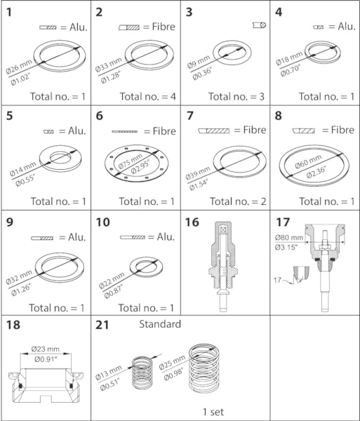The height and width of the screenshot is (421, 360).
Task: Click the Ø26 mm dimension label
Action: point(19,67)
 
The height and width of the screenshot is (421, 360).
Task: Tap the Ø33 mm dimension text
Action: point(109,65)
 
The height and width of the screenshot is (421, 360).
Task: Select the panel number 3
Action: point(189,13)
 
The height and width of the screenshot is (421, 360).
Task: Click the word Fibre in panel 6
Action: point(164,131)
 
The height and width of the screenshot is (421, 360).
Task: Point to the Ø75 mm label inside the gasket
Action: point(131,162)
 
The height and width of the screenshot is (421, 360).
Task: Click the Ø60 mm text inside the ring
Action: point(308,161)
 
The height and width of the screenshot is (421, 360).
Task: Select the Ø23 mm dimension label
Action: point(46,349)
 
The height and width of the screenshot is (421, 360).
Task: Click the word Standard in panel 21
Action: point(160,324)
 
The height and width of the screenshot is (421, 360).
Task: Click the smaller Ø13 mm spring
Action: point(142,373)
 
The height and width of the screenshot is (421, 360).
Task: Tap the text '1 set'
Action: point(213,412)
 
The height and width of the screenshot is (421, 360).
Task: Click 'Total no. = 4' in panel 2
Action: point(147,97)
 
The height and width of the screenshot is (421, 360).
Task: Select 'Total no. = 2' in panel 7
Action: point(238,201)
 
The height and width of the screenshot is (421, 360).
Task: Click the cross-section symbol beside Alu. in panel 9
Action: point(42,238)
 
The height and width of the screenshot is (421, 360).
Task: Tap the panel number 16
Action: point(192,222)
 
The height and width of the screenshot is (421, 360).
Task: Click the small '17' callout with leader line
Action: point(280,281)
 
